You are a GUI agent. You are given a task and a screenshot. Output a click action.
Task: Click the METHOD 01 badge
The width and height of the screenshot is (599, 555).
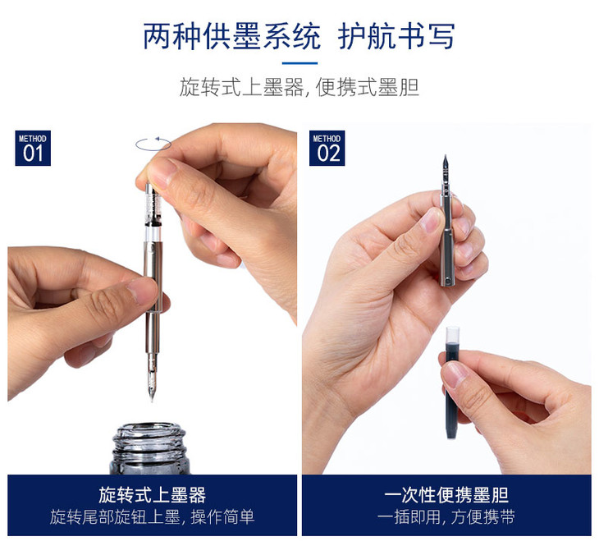[33, 149]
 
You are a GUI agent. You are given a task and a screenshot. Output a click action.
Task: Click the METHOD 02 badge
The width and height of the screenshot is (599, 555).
[327, 149]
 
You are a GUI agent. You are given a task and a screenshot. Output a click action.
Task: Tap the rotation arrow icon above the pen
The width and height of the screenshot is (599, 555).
[153, 144]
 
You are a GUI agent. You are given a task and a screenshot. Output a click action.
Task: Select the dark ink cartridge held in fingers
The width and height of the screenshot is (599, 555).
[453, 383]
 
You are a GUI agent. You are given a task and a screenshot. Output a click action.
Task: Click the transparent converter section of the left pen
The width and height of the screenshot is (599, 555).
[152, 213]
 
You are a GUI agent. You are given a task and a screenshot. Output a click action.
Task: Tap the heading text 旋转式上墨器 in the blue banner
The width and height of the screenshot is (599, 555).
[152, 495]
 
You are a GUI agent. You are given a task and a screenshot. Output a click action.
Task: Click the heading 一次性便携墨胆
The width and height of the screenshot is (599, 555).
[446, 495]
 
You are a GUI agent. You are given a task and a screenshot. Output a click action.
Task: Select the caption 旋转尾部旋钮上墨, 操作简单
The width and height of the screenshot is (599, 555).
[152, 517]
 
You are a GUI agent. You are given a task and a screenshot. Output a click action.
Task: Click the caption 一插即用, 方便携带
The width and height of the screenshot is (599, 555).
[446, 517]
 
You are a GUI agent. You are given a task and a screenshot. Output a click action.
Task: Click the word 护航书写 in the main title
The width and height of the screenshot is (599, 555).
[396, 36]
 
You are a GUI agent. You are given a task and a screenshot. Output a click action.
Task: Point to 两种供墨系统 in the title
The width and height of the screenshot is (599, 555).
[231, 36]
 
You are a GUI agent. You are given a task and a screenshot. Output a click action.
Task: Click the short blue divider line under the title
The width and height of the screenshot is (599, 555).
[299, 63]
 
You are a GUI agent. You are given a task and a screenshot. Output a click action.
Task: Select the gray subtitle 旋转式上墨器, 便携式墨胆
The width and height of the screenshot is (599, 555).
[299, 88]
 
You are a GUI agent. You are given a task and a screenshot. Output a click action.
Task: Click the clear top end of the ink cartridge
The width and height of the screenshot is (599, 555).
[453, 334]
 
